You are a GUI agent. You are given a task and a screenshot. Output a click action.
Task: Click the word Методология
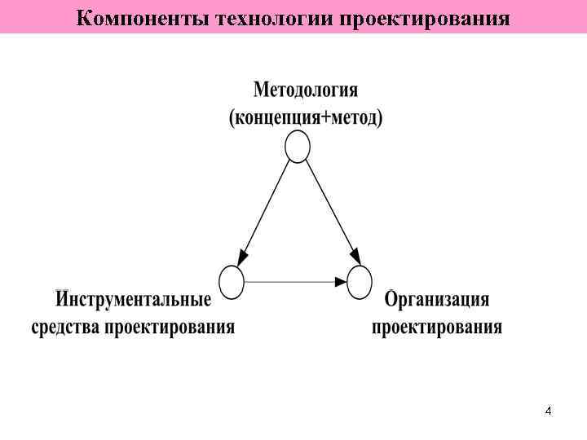(x=306, y=89)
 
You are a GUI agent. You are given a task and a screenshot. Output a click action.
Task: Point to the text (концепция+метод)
(x=306, y=118)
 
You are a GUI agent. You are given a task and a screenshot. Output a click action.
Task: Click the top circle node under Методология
(x=298, y=147)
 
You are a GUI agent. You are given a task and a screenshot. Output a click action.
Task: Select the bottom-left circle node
(x=232, y=282)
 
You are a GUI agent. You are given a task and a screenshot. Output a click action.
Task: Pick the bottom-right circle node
(x=360, y=282)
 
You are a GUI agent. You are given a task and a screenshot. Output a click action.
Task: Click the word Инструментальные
(x=134, y=300)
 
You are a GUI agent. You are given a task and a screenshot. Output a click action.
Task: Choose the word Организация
(x=437, y=300)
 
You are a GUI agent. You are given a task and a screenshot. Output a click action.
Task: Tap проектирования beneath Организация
(x=437, y=328)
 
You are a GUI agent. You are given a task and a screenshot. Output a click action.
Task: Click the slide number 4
(x=548, y=411)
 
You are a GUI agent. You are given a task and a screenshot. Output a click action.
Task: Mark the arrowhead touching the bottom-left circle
(x=243, y=258)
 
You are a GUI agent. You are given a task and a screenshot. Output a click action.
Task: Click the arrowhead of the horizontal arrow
(x=341, y=282)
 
